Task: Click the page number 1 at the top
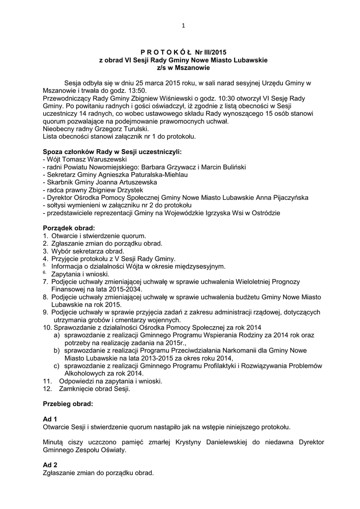coord(183,26)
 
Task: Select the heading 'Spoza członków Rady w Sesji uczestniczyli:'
coord(112,151)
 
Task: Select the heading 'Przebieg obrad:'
coord(68,404)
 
